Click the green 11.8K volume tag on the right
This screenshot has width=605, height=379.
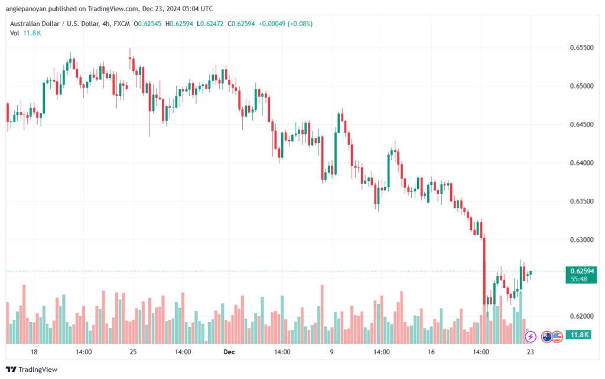[577, 335]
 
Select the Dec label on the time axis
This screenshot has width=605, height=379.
[230, 352]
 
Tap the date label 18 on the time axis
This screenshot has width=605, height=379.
[34, 352]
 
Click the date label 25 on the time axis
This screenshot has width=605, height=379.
[133, 352]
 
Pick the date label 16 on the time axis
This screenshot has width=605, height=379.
[431, 352]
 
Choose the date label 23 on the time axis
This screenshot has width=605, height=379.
[531, 352]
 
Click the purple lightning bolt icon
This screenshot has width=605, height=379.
[530, 336]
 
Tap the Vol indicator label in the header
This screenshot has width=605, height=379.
[14, 33]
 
